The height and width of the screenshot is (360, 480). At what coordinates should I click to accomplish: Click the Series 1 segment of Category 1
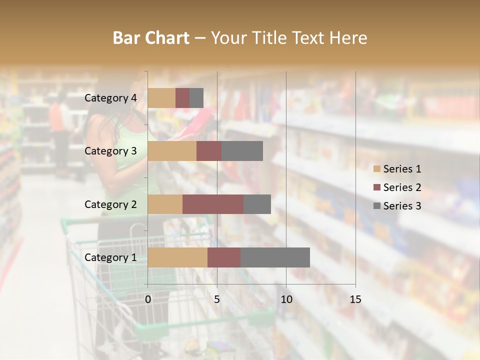point(177,257)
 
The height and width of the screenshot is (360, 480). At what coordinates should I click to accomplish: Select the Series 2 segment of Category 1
point(224,257)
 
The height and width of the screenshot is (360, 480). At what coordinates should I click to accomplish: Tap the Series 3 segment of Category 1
point(275,257)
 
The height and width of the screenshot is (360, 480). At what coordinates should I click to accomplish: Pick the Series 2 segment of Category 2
point(213,204)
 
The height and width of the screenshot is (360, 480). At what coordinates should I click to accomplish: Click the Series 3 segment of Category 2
point(257,204)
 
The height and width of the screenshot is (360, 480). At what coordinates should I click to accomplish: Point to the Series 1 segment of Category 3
point(172,151)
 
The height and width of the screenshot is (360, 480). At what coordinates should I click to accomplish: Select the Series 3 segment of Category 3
point(242,151)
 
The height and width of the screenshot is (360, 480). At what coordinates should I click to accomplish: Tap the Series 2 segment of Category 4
point(182,98)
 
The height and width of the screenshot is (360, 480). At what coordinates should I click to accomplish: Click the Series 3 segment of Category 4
point(196,98)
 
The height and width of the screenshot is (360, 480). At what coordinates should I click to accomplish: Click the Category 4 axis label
point(110,98)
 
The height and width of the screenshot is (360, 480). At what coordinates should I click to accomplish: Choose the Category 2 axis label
point(110,204)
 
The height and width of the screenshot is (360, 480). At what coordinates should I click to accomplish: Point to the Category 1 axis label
point(110,257)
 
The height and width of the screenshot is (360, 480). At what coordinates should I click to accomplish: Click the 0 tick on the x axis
point(148,299)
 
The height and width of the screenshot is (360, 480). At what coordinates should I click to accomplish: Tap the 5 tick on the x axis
point(217,299)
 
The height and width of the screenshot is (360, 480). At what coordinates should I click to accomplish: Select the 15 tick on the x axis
point(355,299)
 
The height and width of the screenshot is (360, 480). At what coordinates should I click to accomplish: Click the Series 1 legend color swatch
point(377,169)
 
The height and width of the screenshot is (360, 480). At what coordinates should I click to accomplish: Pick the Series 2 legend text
point(402,187)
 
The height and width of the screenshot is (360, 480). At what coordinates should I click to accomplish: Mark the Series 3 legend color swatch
point(377,206)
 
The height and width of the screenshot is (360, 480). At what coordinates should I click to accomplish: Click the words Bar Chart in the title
point(151,38)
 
